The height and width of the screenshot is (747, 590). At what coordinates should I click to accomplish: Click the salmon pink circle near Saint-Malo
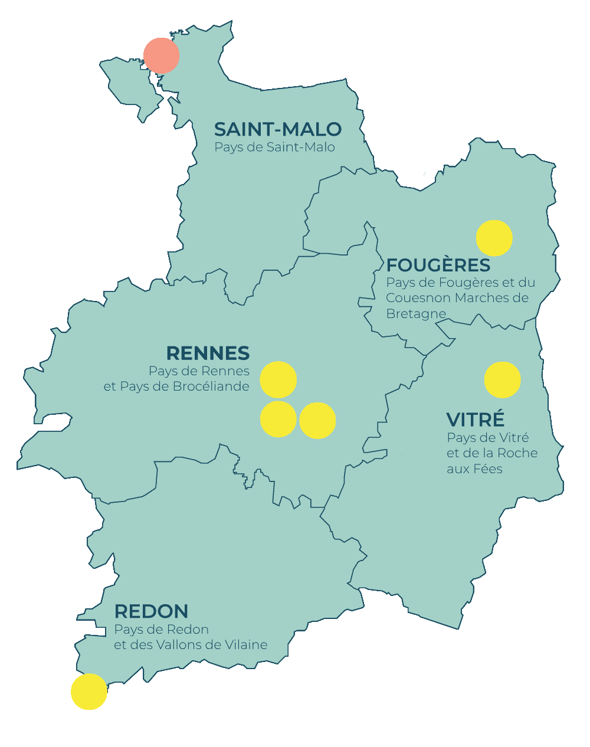click(x=161, y=55)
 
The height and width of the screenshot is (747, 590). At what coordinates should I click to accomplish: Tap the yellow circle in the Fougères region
click(x=494, y=238)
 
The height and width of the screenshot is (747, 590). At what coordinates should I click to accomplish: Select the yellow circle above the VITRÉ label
click(x=502, y=379)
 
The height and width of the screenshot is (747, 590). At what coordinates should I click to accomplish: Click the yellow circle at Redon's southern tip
click(x=89, y=691)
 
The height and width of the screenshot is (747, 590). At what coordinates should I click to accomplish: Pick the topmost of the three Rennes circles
click(x=278, y=379)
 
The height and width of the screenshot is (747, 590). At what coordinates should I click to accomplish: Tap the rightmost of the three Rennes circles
click(x=317, y=420)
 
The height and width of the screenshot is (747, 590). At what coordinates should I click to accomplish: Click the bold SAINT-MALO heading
click(x=277, y=129)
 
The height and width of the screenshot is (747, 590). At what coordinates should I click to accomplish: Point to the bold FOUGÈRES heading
click(x=438, y=265)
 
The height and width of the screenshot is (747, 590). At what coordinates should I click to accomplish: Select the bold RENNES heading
click(x=208, y=353)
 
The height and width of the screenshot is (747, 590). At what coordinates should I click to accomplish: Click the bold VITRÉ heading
click(x=476, y=420)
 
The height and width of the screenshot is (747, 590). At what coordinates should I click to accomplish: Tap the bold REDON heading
click(x=151, y=611)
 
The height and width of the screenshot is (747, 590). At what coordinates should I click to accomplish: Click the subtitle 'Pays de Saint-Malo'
click(x=274, y=147)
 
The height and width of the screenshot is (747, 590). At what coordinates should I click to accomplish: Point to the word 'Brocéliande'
click(x=214, y=386)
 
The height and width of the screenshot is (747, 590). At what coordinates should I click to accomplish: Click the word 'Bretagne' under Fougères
click(x=416, y=314)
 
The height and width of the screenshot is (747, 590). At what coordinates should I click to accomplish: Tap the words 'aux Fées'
click(x=474, y=469)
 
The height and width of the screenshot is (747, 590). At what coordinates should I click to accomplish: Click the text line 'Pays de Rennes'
click(x=199, y=371)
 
